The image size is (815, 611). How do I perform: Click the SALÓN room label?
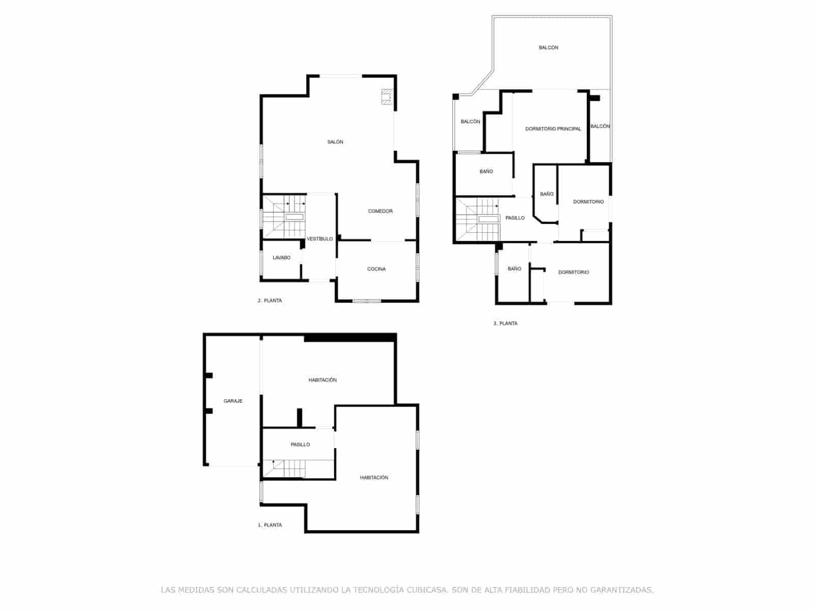[x=335, y=142]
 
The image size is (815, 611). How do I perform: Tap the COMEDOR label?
[x=380, y=211]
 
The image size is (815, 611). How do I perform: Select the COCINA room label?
[x=376, y=269]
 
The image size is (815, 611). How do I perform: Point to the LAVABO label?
[x=281, y=258]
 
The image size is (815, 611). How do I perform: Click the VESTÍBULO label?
[x=319, y=239]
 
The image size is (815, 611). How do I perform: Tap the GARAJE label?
[x=233, y=401]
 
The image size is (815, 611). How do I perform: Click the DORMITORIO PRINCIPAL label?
[x=553, y=129]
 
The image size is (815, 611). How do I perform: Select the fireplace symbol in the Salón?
[x=387, y=97]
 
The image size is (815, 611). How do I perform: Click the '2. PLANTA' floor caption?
[x=269, y=301]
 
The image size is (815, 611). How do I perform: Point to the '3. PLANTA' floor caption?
[x=505, y=324]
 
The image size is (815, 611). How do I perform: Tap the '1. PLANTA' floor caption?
[x=269, y=525]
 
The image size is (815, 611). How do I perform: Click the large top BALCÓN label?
[x=548, y=48]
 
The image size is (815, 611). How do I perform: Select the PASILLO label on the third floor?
[x=514, y=218]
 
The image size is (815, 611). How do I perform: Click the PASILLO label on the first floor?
[x=300, y=445]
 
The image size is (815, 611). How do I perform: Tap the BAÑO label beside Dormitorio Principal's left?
[x=486, y=172]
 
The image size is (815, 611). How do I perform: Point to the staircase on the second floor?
[x=284, y=216]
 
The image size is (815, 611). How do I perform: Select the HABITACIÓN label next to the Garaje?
[x=322, y=380]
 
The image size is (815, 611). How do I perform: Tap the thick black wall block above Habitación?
[x=350, y=338]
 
